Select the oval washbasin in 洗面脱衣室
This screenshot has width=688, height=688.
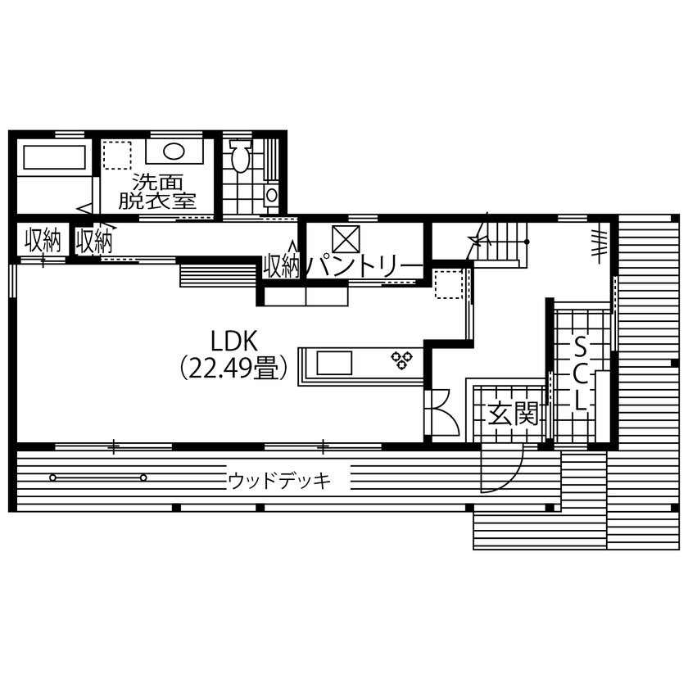coord(174,152)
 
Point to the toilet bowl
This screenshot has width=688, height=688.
coord(240,158)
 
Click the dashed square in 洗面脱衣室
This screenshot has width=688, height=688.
coord(117,156)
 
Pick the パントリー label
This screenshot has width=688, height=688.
coord(364,266)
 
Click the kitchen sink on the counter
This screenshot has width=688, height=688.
coord(333,361)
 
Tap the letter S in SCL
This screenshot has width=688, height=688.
coord(579,345)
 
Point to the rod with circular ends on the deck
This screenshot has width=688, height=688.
coord(97,478)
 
